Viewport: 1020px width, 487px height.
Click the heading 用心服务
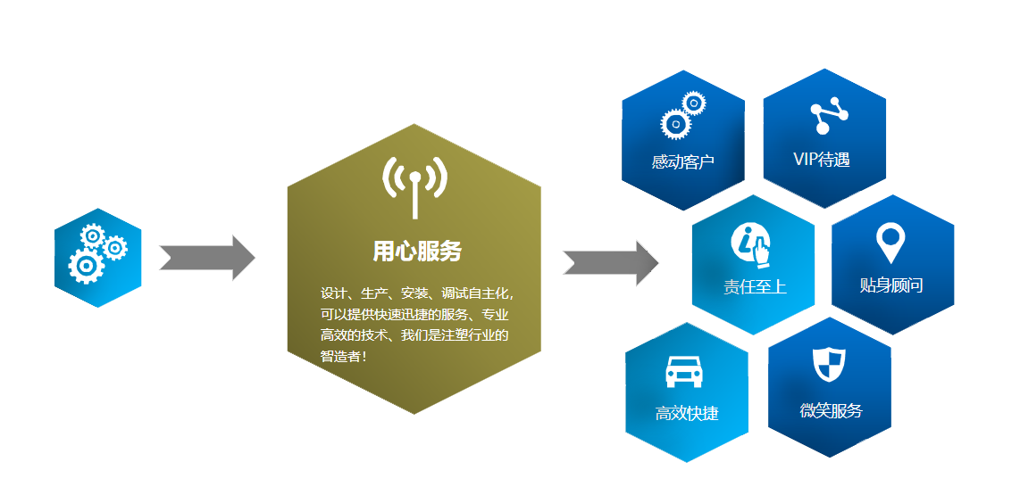coord(417,252)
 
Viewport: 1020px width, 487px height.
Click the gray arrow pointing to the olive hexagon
coord(206,258)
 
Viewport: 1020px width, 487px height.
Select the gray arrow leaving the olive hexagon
coord(611,263)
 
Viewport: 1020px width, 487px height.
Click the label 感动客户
coord(683,162)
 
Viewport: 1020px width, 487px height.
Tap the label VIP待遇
coord(821,160)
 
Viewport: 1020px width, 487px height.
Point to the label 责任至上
coord(755,286)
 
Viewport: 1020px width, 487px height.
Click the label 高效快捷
coord(687,413)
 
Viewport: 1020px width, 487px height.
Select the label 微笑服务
coord(831,410)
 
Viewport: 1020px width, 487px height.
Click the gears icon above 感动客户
coord(682,114)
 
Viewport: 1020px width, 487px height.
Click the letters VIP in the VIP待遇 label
coord(805,160)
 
